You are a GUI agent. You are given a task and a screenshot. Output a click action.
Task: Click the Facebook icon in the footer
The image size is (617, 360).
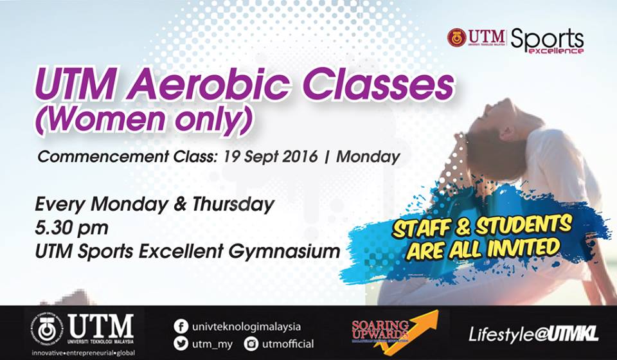point(181,327)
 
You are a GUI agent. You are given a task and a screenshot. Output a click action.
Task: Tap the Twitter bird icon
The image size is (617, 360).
point(181,344)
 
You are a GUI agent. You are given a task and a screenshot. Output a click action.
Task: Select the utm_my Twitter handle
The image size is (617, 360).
point(213,344)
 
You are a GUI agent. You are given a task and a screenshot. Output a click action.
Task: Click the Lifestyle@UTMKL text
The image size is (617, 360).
point(533,334)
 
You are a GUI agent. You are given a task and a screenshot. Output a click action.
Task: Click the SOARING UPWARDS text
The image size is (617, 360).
point(380,329)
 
